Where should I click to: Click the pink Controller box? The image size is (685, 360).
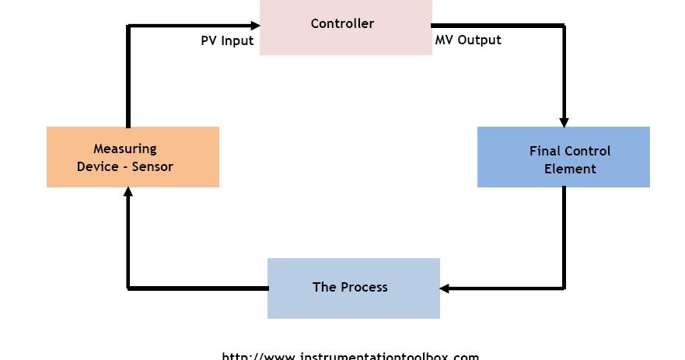pos(345,28)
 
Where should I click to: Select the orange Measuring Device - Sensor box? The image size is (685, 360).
pos(132,156)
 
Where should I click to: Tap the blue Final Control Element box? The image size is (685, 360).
pos(563,156)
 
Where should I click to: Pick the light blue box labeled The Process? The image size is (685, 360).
pos(353,288)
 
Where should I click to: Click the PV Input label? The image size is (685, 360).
pos(227,41)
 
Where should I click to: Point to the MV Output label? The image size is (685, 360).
pos(468,40)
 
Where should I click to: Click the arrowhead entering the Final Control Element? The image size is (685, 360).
pos(564,121)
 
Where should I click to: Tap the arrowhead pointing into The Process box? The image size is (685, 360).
pos(446,288)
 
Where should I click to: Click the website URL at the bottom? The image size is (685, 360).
pos(351,356)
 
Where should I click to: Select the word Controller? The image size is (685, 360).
pos(342,23)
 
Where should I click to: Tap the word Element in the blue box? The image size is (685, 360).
pos(570,169)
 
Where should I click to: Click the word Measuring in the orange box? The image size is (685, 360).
pos(124,149)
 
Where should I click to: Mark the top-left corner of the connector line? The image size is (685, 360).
pos(128,26)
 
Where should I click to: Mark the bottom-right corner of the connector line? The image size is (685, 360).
pos(564,288)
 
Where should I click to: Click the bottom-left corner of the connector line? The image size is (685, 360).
pos(128,288)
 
